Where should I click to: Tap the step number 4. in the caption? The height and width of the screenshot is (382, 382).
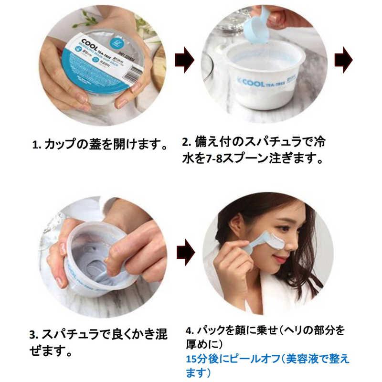(x=189, y=330)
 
